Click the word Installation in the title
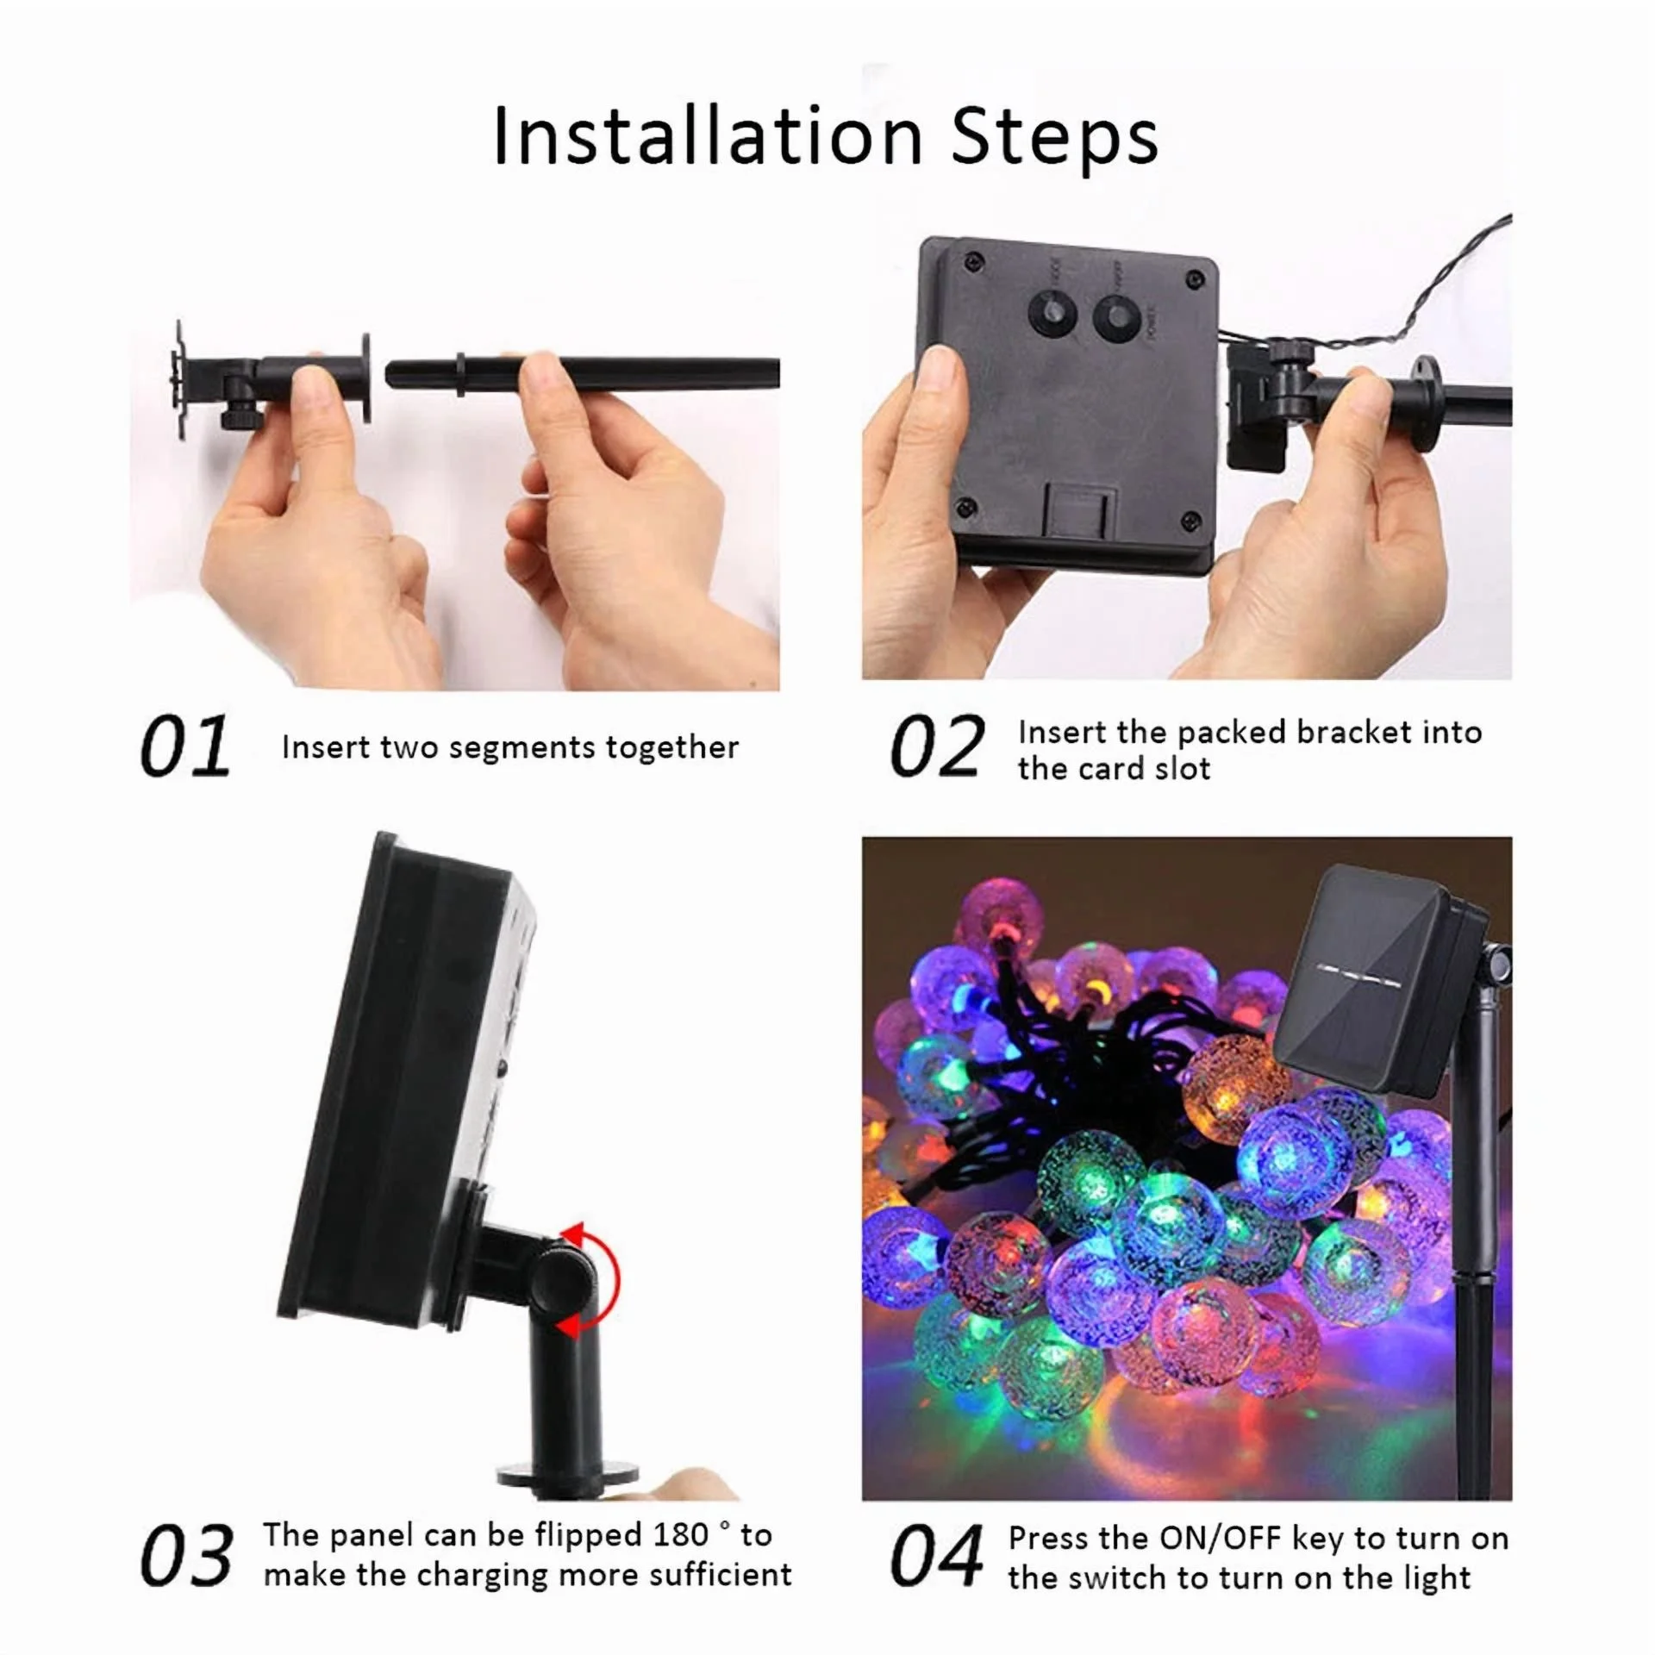pyautogui.click(x=708, y=136)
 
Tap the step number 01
pyautogui.click(x=185, y=746)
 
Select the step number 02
pyautogui.click(x=936, y=746)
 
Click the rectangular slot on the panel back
pyautogui.click(x=1079, y=521)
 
